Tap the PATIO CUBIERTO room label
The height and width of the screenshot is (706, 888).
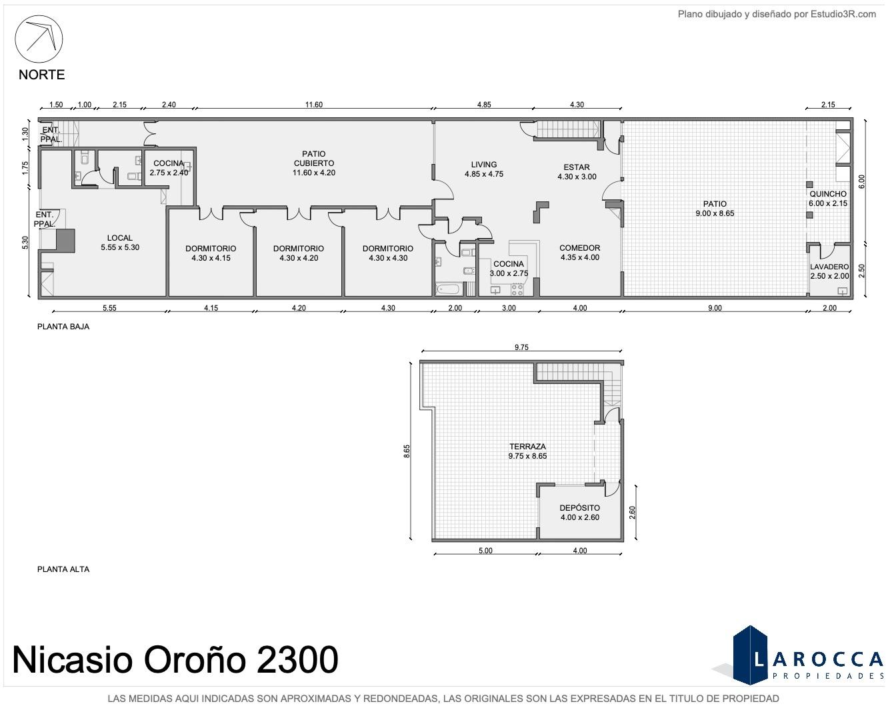click(x=313, y=159)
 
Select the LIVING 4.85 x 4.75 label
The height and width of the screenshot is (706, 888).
click(x=484, y=169)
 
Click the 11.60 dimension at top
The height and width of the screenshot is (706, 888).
click(x=313, y=105)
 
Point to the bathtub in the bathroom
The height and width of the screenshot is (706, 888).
click(x=448, y=289)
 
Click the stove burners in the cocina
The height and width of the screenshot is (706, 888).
click(x=517, y=289)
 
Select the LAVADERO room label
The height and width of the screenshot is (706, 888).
click(x=829, y=267)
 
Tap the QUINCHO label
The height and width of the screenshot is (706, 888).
click(x=828, y=193)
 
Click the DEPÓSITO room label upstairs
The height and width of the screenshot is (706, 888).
click(x=580, y=508)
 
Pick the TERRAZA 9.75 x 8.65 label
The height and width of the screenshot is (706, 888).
click(x=527, y=451)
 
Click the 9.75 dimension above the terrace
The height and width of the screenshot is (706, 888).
click(x=521, y=347)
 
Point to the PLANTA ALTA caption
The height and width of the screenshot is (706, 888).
click(x=63, y=569)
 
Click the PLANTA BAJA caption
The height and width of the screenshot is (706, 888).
click(x=63, y=327)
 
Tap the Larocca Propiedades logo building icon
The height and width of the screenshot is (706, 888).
click(x=750, y=655)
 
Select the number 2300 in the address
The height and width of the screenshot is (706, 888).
click(x=297, y=659)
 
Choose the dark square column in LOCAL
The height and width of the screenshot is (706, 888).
click(x=65, y=241)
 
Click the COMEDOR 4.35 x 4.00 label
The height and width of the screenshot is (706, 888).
click(x=580, y=253)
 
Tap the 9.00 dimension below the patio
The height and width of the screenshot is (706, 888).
click(x=715, y=308)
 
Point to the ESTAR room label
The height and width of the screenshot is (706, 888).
click(x=577, y=167)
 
